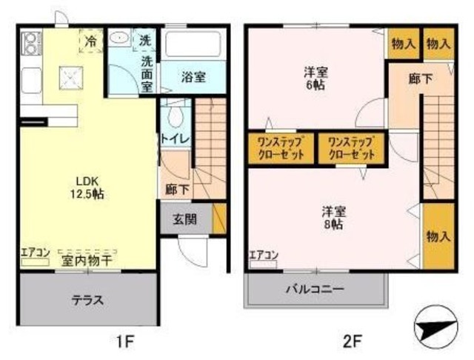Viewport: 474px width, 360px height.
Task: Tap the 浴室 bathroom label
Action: click(x=194, y=76)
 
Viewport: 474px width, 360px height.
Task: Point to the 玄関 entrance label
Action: click(x=185, y=219)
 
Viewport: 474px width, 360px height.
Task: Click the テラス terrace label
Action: click(x=87, y=301)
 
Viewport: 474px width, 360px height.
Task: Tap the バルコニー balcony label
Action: click(x=316, y=289)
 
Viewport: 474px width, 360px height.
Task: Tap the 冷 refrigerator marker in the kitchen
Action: click(x=91, y=41)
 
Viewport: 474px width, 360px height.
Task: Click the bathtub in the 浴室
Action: click(x=193, y=45)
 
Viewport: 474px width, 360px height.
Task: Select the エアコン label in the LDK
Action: click(x=34, y=252)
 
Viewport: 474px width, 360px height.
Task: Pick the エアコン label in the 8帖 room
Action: click(x=263, y=256)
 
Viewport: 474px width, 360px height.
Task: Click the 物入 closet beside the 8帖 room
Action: click(x=438, y=236)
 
